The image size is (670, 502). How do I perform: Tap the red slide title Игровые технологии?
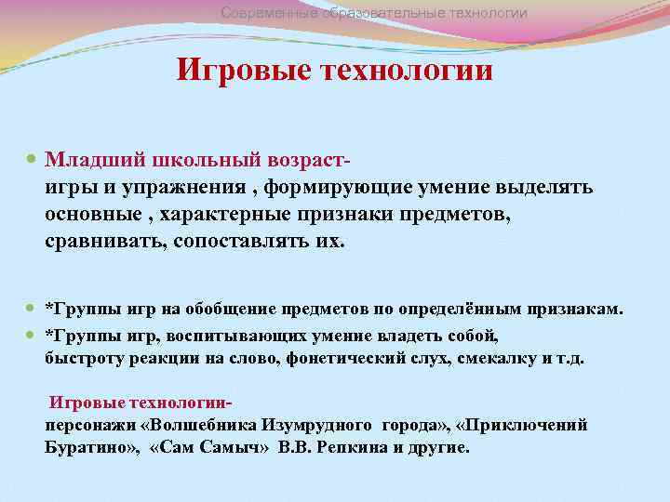tap(335, 71)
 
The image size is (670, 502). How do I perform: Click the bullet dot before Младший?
tap(33, 161)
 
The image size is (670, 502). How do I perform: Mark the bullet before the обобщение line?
tap(33, 309)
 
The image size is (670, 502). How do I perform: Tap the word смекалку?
tap(474, 359)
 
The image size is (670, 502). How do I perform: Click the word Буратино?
tap(92, 447)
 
